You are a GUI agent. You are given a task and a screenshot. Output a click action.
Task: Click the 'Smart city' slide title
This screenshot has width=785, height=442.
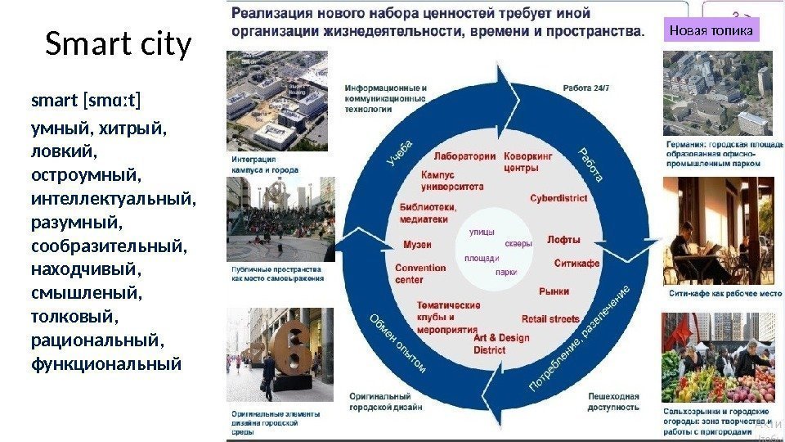118,47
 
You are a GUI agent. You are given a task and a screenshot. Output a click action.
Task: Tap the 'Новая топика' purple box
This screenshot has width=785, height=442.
711,31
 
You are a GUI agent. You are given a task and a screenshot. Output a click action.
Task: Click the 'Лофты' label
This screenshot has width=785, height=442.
563,240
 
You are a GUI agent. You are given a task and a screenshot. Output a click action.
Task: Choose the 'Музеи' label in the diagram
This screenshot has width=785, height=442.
418,245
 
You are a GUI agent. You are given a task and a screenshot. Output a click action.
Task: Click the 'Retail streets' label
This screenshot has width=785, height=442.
550,319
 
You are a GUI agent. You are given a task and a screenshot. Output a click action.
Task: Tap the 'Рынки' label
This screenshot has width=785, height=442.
554,291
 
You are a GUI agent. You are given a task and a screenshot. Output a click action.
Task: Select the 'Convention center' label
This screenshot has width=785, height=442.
420,273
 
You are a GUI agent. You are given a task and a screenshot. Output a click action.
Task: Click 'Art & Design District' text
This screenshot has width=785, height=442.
500,343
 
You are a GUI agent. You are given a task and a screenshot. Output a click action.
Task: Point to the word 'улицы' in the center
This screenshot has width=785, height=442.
481,232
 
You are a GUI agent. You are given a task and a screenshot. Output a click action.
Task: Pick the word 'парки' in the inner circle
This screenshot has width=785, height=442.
506,273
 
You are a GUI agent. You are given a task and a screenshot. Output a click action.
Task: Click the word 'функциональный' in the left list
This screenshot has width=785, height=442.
105,363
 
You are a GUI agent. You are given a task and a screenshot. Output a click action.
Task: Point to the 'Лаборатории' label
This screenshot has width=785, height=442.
464,156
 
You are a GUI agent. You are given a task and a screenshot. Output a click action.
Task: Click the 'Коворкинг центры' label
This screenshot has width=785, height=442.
528,162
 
